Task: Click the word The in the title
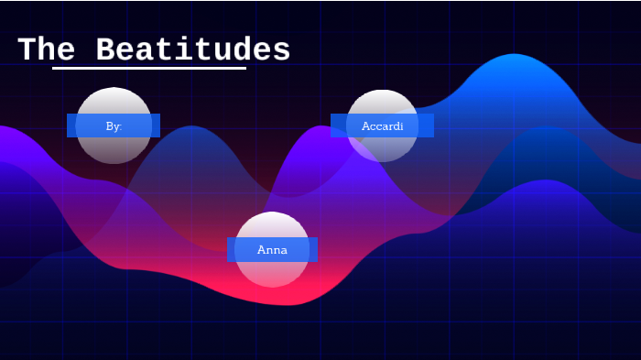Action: (46, 50)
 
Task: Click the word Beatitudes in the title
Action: (193, 50)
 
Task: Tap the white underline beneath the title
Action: (149, 68)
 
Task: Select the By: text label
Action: (114, 125)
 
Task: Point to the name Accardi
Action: (382, 125)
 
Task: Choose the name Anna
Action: (272, 249)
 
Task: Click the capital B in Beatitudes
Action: (106, 50)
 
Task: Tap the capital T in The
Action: (27, 50)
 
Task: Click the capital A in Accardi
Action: (365, 125)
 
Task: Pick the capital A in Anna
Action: (262, 249)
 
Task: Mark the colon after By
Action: (120, 126)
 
